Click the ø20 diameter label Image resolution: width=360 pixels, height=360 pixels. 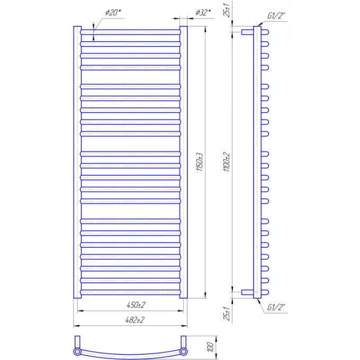pyautogui.click(x=113, y=13)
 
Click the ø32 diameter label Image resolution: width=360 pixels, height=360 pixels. pyautogui.click(x=203, y=13)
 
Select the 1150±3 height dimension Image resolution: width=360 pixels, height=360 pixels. pyautogui.click(x=200, y=162)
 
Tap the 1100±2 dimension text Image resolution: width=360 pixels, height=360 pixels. pyautogui.click(x=227, y=162)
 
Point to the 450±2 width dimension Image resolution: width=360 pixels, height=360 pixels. pyautogui.click(x=136, y=305)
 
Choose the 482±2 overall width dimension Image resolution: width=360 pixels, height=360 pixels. pyautogui.click(x=135, y=320)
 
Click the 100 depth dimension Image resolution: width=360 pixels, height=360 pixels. pyautogui.click(x=210, y=347)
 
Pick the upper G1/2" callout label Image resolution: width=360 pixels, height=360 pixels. pyautogui.click(x=276, y=16)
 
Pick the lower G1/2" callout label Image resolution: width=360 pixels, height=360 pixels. pyautogui.click(x=276, y=307)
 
